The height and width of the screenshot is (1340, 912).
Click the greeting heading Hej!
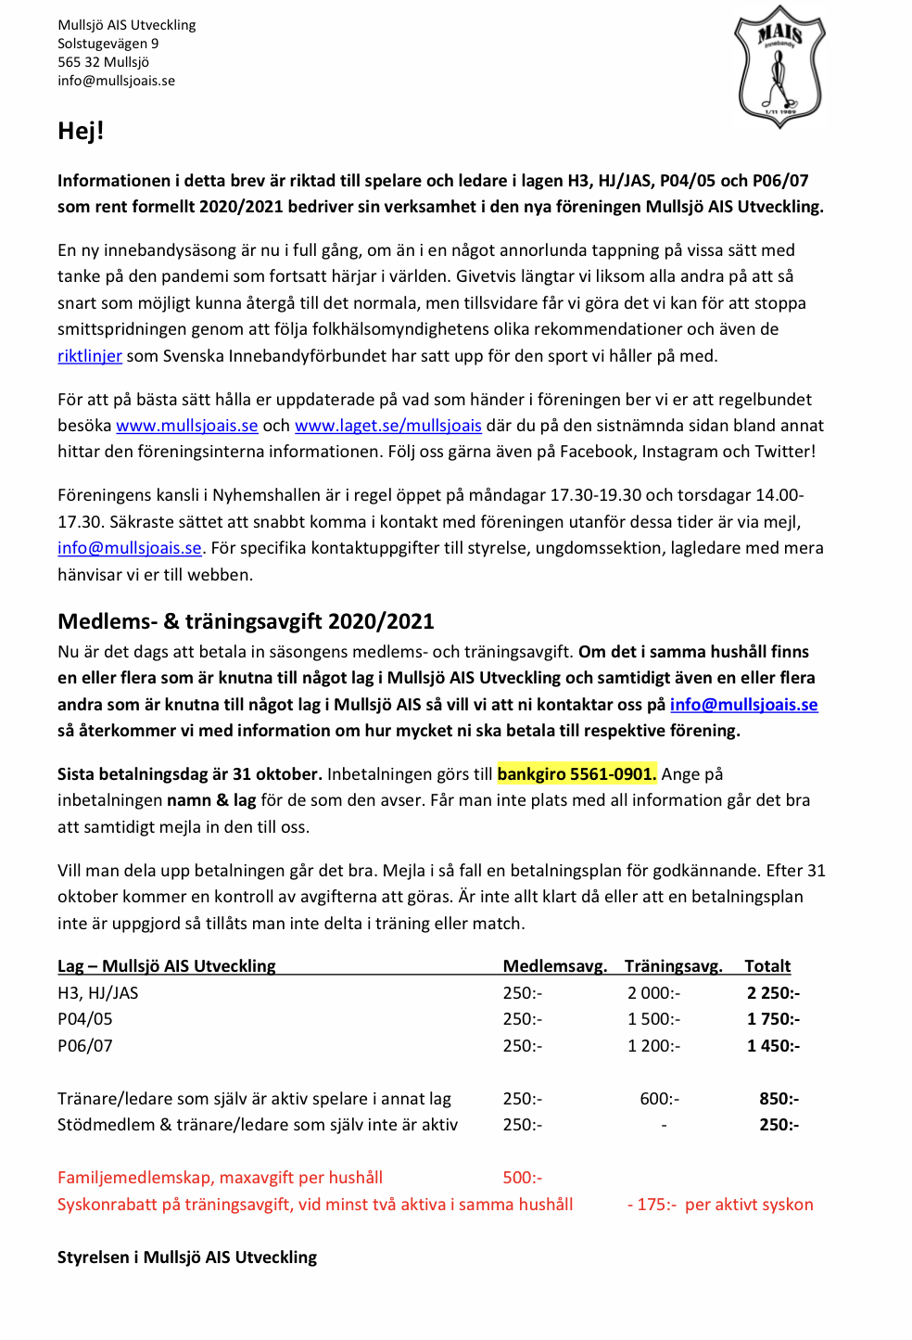81,131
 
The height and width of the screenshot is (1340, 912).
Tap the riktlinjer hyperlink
90,356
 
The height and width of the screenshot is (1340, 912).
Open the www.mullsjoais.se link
186,426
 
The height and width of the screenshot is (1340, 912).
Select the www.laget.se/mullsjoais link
387,426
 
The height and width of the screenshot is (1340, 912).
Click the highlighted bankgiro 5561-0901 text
576,774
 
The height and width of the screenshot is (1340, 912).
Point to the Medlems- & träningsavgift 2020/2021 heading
246,621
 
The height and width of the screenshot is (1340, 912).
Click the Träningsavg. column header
673,966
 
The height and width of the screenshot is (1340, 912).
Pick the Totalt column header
767,966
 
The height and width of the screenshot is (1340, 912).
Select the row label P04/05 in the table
85,1019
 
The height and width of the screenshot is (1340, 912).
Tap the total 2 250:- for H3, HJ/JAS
773,993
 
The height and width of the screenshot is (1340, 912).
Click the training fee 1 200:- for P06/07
653,1046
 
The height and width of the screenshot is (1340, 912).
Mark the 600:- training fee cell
659,1099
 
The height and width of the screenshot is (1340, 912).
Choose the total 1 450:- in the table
773,1046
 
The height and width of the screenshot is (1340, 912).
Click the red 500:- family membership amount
522,1178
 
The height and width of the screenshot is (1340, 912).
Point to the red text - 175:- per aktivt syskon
720,1205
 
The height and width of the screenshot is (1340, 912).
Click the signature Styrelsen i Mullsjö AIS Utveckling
187,1257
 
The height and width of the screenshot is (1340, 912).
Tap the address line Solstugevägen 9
108,44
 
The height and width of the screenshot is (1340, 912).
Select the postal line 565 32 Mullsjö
103,62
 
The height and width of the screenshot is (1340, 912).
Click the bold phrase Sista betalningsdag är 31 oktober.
190,774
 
